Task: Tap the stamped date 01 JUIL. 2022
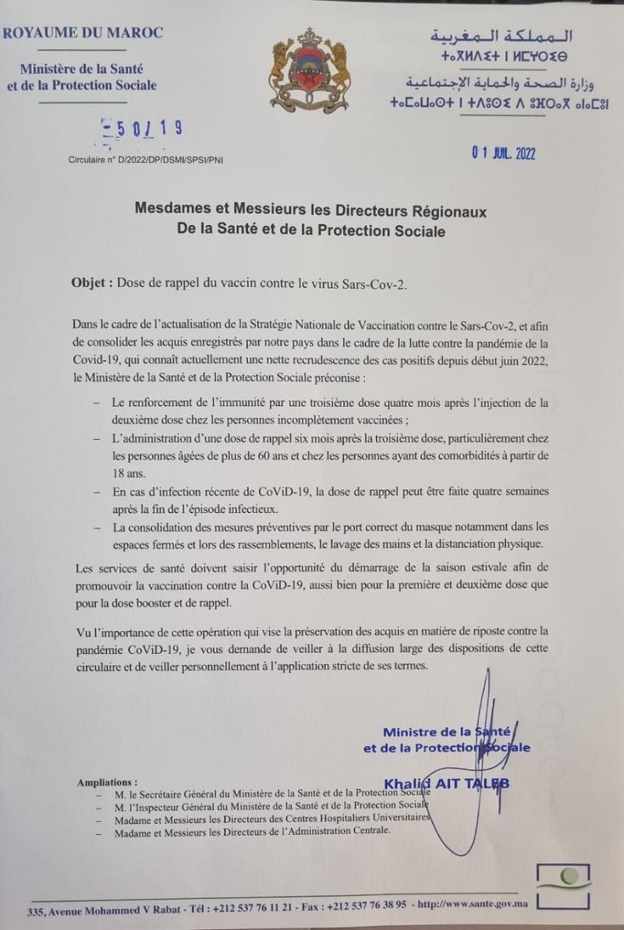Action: point(502,154)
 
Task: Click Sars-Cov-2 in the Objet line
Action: point(373,283)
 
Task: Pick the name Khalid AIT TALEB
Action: point(447,783)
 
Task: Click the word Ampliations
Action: point(107,780)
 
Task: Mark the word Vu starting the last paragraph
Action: point(79,630)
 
